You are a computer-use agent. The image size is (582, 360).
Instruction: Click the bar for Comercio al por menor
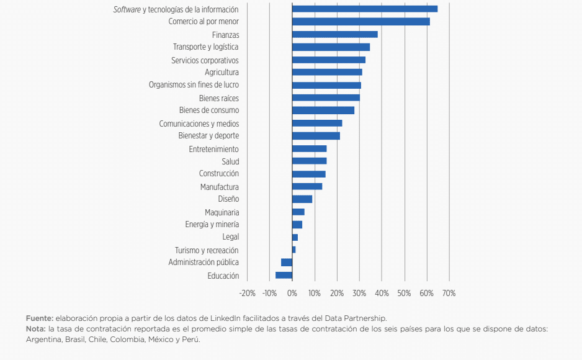pos(360,22)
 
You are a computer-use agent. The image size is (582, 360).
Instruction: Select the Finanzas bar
pos(335,35)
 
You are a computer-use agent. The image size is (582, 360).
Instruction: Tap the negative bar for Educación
pos(284,275)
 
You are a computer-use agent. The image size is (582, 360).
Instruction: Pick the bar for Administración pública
pos(287,263)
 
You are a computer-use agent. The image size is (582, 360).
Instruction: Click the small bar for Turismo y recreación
pos(293,250)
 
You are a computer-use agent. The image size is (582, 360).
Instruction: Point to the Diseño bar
pos(302,199)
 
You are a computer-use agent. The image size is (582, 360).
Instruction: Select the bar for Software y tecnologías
pos(365,9)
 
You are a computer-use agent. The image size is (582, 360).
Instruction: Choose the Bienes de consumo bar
pos(323,110)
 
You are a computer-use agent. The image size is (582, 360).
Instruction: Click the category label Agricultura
pos(222,73)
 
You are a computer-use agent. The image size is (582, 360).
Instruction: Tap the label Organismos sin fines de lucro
pos(194,84)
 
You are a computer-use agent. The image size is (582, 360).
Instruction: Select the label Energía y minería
pos(212,225)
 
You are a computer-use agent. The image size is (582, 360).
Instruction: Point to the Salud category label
pos(230,161)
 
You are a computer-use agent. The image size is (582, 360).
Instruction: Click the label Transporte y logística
pos(205,47)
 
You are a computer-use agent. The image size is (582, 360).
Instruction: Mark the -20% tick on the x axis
pos(247,293)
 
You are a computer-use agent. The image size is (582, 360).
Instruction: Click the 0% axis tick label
pos(292,293)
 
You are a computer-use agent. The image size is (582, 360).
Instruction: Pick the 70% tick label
pos(449,293)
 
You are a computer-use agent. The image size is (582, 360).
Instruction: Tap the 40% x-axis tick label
pos(382,293)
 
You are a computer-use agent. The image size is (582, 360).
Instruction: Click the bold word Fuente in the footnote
pos(40,318)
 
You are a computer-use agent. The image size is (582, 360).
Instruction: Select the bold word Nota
pos(35,329)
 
